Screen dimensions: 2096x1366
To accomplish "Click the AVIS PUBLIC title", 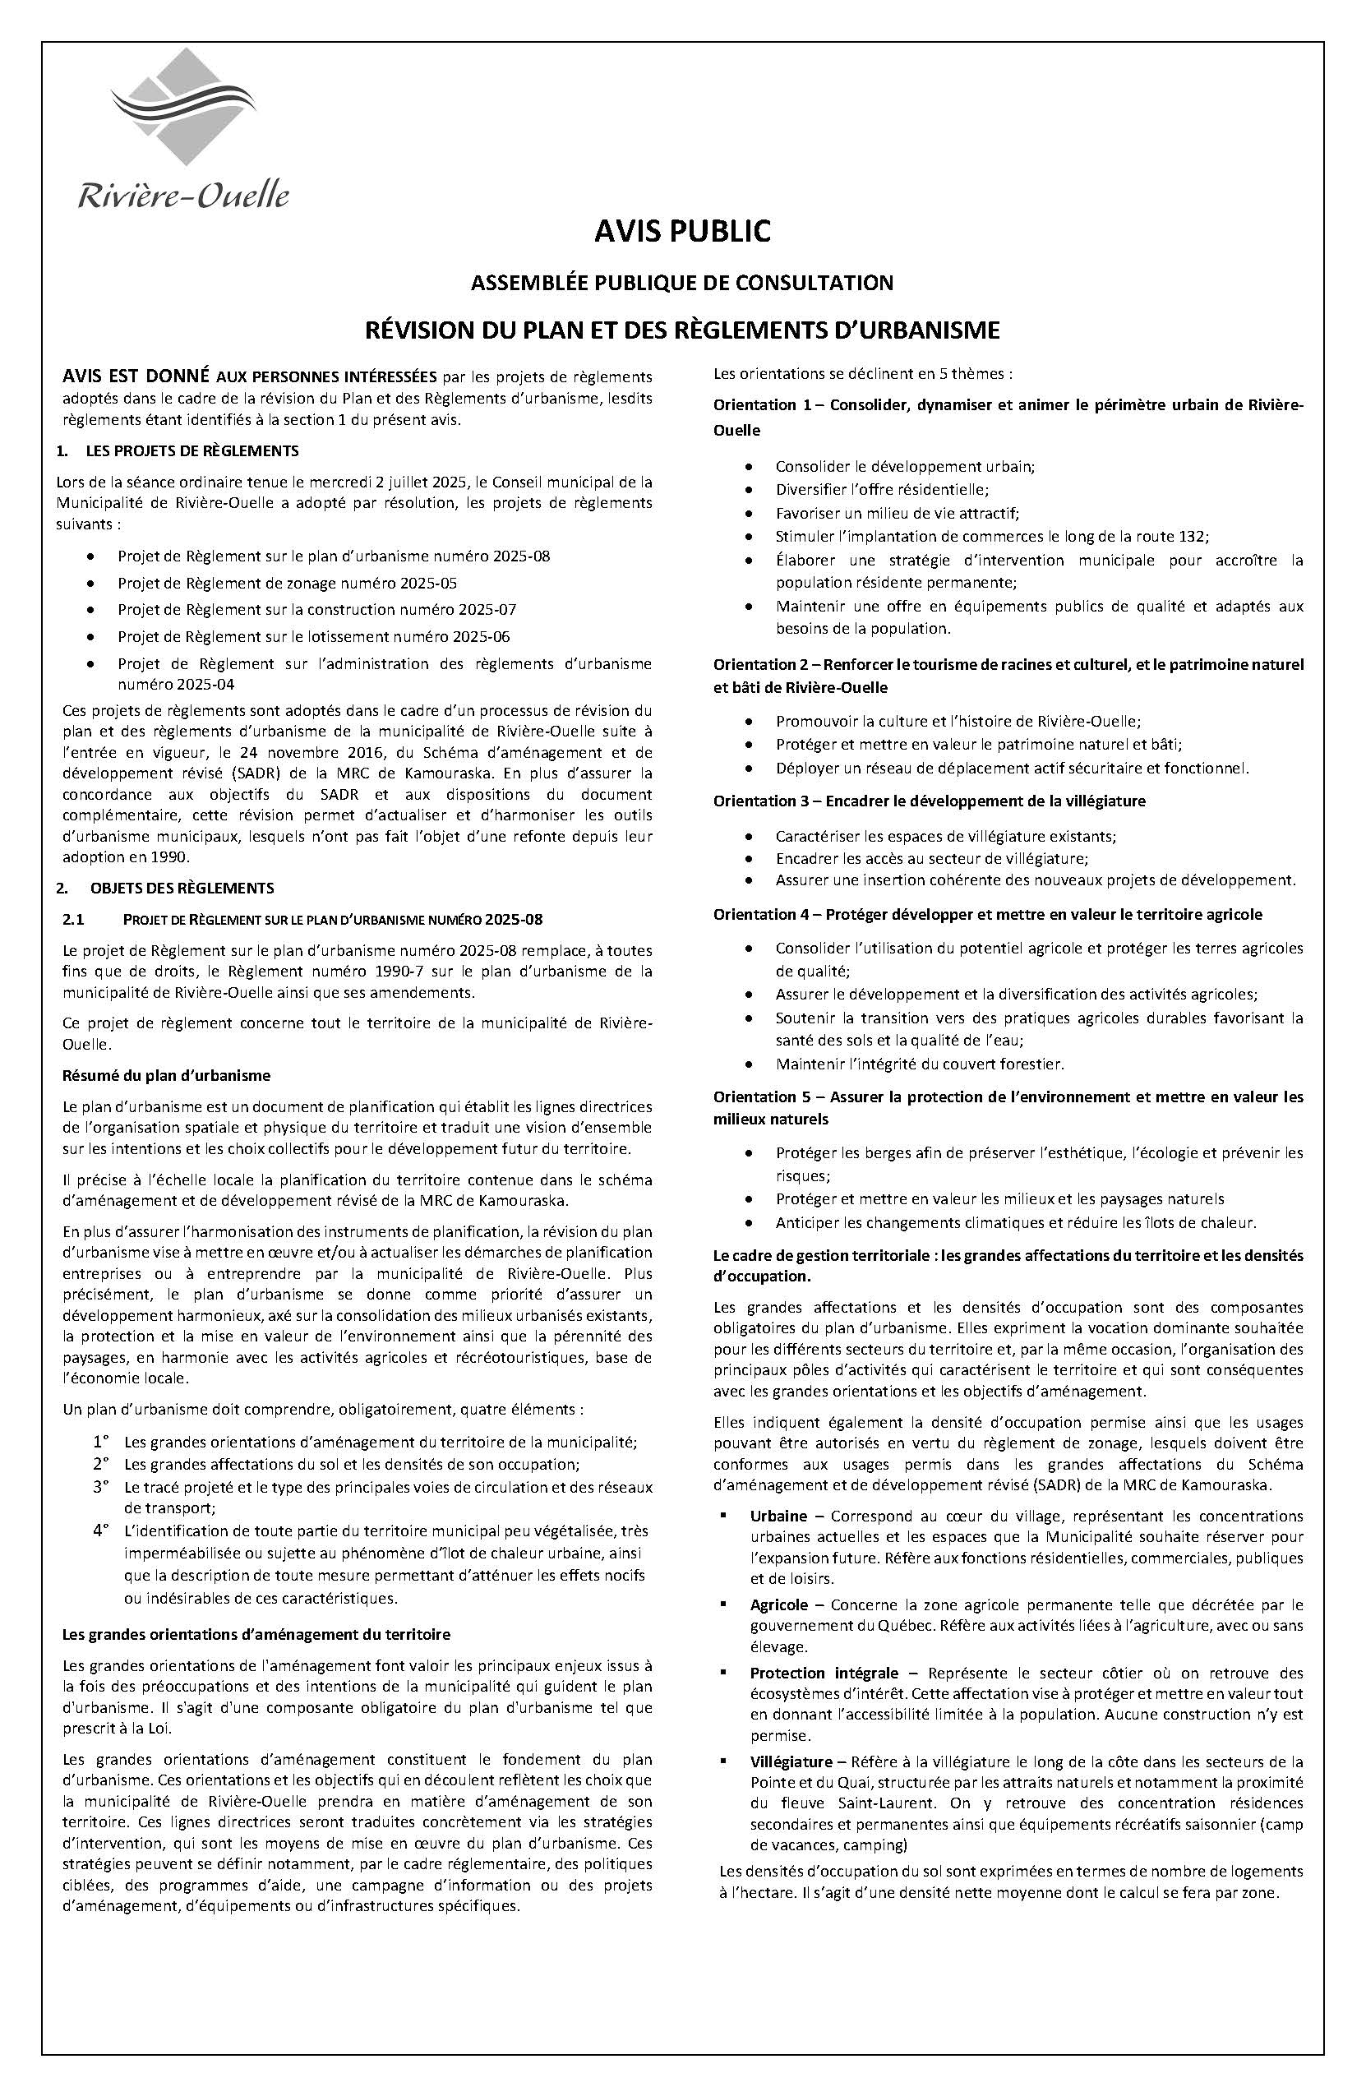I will (682, 231).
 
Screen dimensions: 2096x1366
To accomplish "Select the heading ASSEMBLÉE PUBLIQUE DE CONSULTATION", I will (682, 283).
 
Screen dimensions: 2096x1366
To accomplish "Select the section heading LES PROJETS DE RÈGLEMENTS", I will (192, 451).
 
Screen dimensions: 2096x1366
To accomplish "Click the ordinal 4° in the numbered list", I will (100, 1531).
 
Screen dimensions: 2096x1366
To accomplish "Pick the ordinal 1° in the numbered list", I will (100, 1442).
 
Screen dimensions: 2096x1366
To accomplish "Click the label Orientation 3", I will (763, 801).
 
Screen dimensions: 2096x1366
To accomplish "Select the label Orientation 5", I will (763, 1097).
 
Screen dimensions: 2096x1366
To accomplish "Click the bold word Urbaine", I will (778, 1516).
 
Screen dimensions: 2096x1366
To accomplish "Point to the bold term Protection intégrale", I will (824, 1673).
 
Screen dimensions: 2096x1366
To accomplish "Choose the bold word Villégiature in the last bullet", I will (791, 1761).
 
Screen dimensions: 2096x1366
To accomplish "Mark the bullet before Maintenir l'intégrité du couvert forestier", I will (749, 1064).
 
